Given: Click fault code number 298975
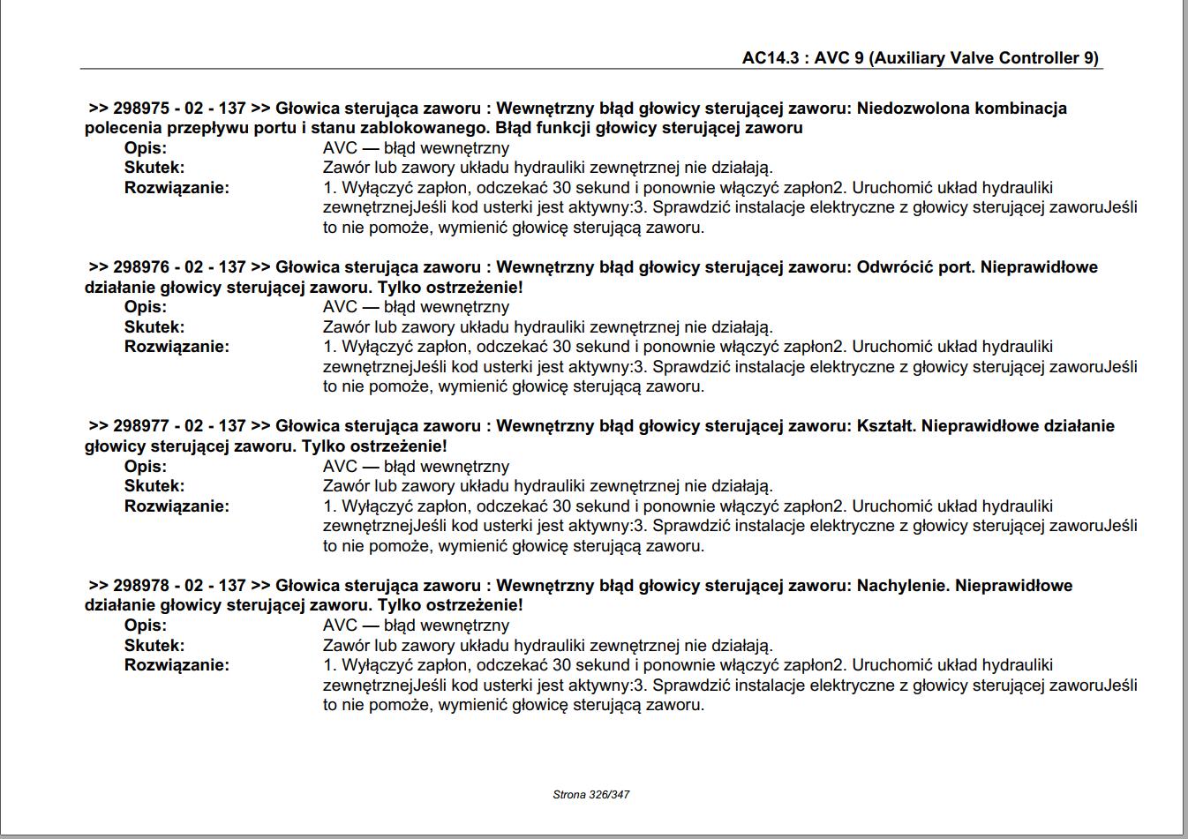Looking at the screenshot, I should [x=141, y=109].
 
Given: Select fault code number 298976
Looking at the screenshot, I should [x=141, y=267].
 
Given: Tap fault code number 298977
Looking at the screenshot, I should [x=141, y=426].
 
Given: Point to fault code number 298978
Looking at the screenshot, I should [x=141, y=585].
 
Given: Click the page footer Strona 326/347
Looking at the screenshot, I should [x=591, y=794].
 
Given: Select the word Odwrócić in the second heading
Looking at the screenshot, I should [x=894, y=267].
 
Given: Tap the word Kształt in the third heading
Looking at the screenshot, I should [x=886, y=426].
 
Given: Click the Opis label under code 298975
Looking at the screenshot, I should [x=146, y=148].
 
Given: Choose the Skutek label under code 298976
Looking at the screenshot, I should [x=154, y=327].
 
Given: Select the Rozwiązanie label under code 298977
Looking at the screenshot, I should [x=177, y=506].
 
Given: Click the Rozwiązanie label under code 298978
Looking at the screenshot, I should [x=177, y=665].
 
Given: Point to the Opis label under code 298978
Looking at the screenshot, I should [x=146, y=626].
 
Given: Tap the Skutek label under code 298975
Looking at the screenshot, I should [x=154, y=168].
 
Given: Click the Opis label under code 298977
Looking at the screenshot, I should [x=146, y=467].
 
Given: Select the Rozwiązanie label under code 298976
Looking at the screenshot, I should [x=177, y=347].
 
